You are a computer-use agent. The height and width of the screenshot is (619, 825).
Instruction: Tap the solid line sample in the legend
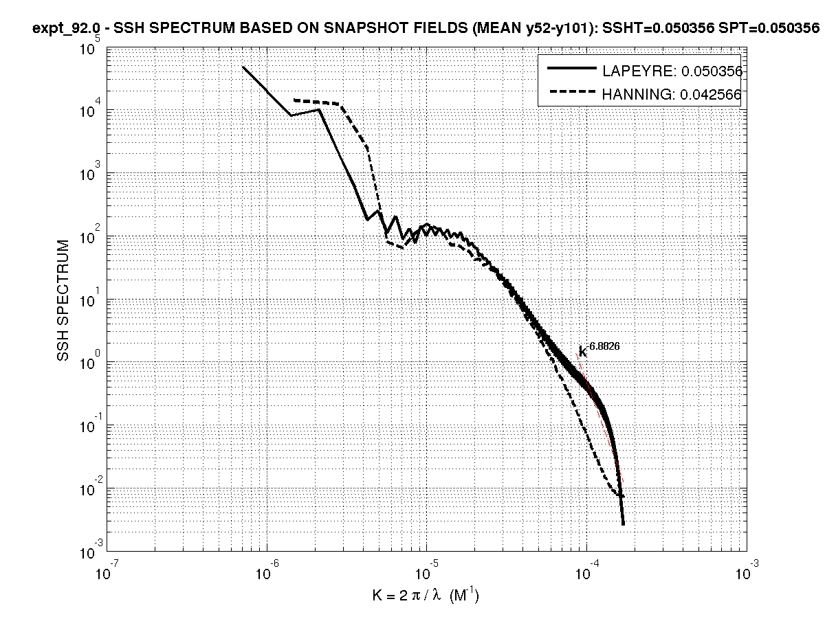click(x=571, y=69)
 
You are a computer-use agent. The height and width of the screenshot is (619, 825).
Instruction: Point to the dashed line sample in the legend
click(x=571, y=94)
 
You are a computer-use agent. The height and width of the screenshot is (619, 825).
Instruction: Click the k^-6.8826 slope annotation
click(x=599, y=349)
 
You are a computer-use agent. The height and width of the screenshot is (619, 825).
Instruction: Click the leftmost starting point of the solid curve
click(x=243, y=67)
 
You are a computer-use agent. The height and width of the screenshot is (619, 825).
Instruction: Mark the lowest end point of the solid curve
click(x=623, y=524)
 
